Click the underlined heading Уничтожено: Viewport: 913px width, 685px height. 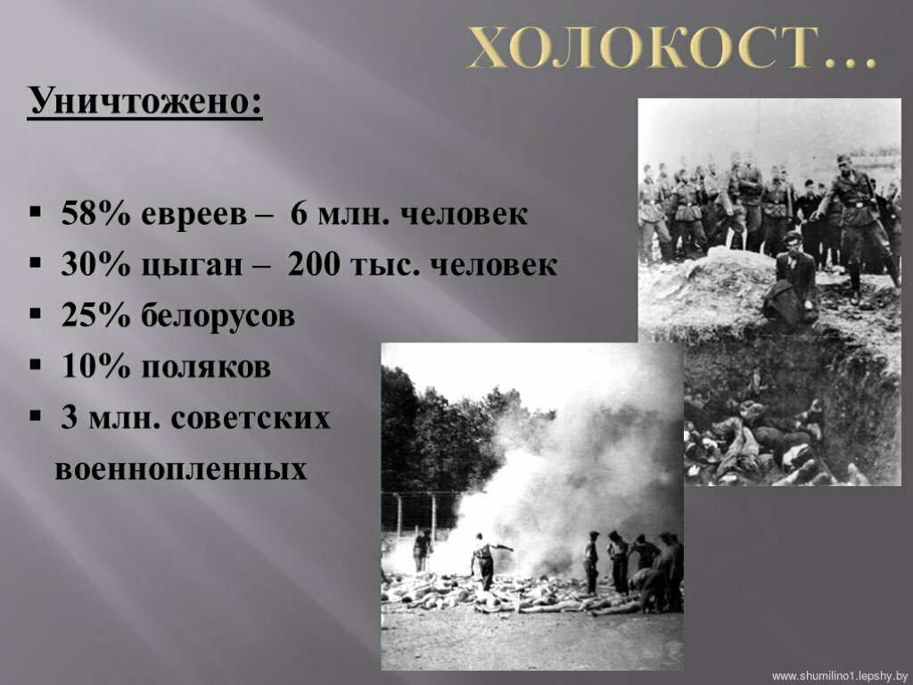[x=145, y=102]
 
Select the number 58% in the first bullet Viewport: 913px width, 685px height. [x=95, y=214]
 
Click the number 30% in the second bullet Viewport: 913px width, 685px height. [x=95, y=265]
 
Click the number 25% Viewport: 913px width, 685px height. [x=95, y=316]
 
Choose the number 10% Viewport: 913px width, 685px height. [x=95, y=367]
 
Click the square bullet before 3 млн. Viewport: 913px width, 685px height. [x=36, y=417]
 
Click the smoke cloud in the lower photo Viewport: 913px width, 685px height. [x=559, y=483]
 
